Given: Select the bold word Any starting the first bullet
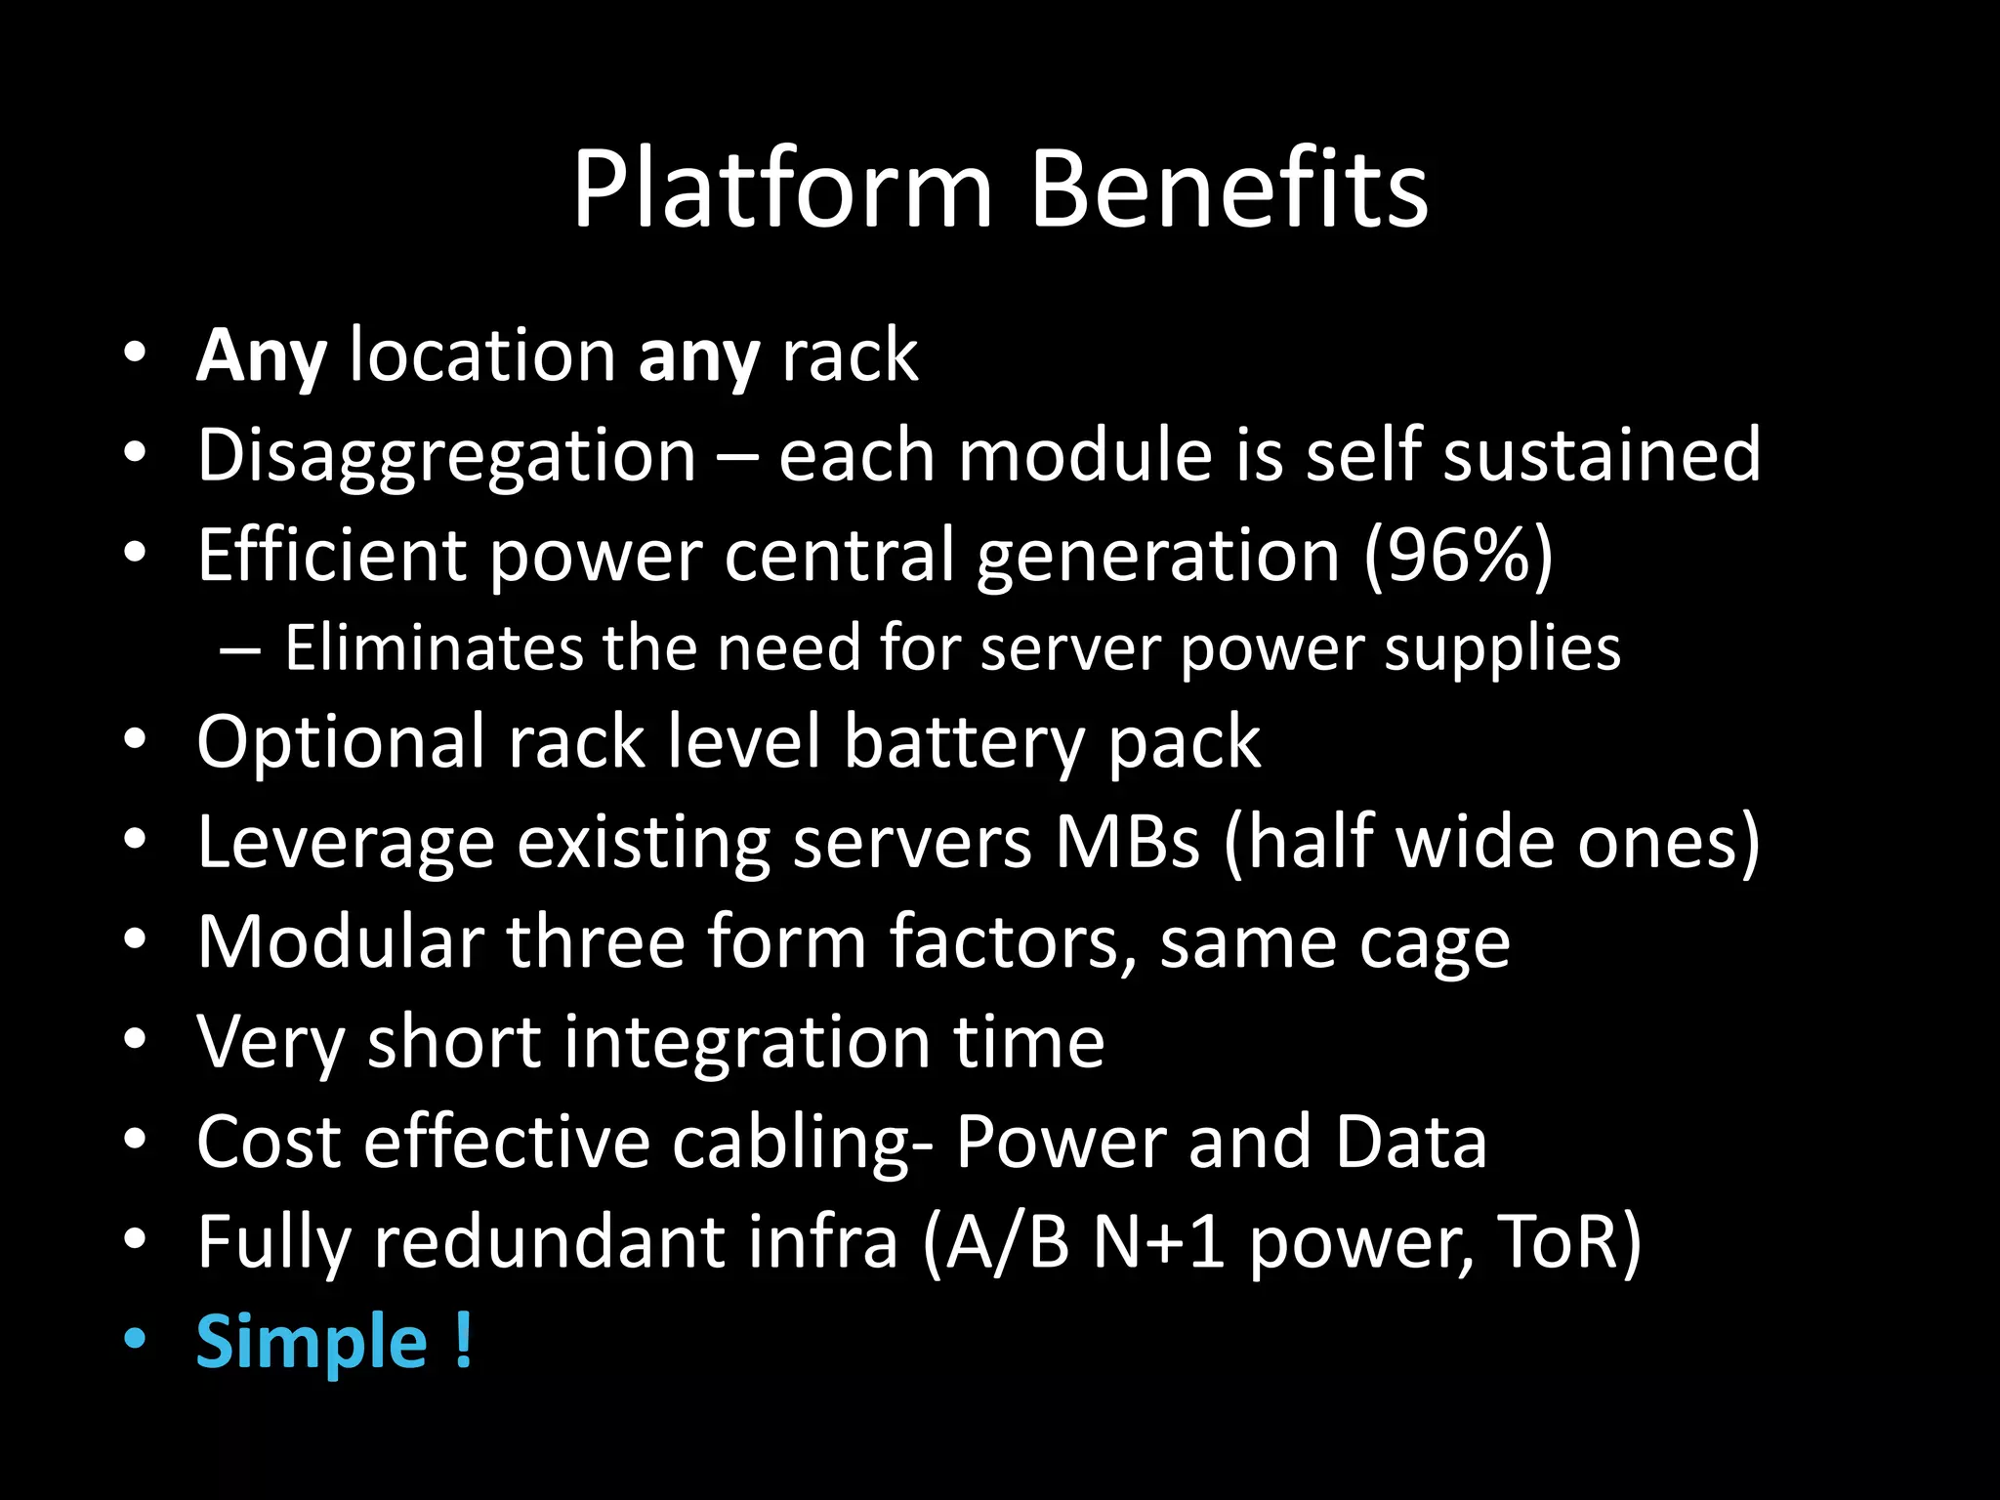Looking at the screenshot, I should click(261, 356).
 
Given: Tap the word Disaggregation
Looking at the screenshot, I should click(446, 456).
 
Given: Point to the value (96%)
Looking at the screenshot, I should click(1457, 556).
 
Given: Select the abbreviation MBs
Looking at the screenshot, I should click(1127, 842).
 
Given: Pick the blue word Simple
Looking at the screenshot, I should click(312, 1343).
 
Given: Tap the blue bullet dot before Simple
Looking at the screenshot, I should click(135, 1339).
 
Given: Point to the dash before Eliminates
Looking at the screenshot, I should click(239, 650).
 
